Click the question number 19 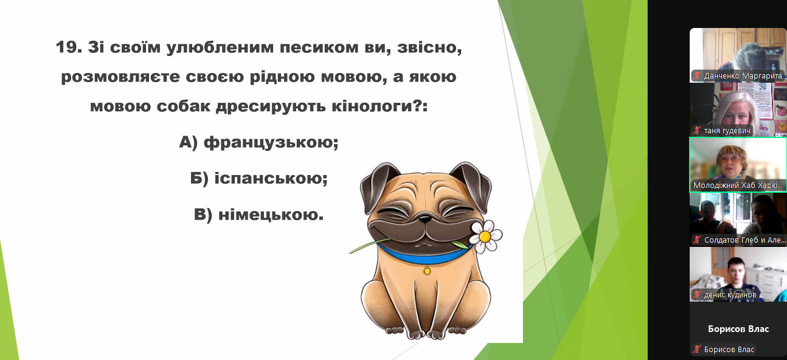click(x=69, y=47)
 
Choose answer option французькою click(x=271, y=142)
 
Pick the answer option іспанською click(x=271, y=178)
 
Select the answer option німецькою click(x=271, y=214)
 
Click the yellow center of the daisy click(x=485, y=237)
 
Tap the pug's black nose click(x=425, y=219)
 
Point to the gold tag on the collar click(x=427, y=271)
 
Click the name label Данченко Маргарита click(x=743, y=75)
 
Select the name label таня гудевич click(x=727, y=131)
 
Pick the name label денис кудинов click(x=730, y=295)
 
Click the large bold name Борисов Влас click(x=738, y=329)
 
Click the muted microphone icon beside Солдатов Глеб click(x=697, y=240)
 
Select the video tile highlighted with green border click(x=738, y=165)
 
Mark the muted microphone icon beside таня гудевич click(x=697, y=131)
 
